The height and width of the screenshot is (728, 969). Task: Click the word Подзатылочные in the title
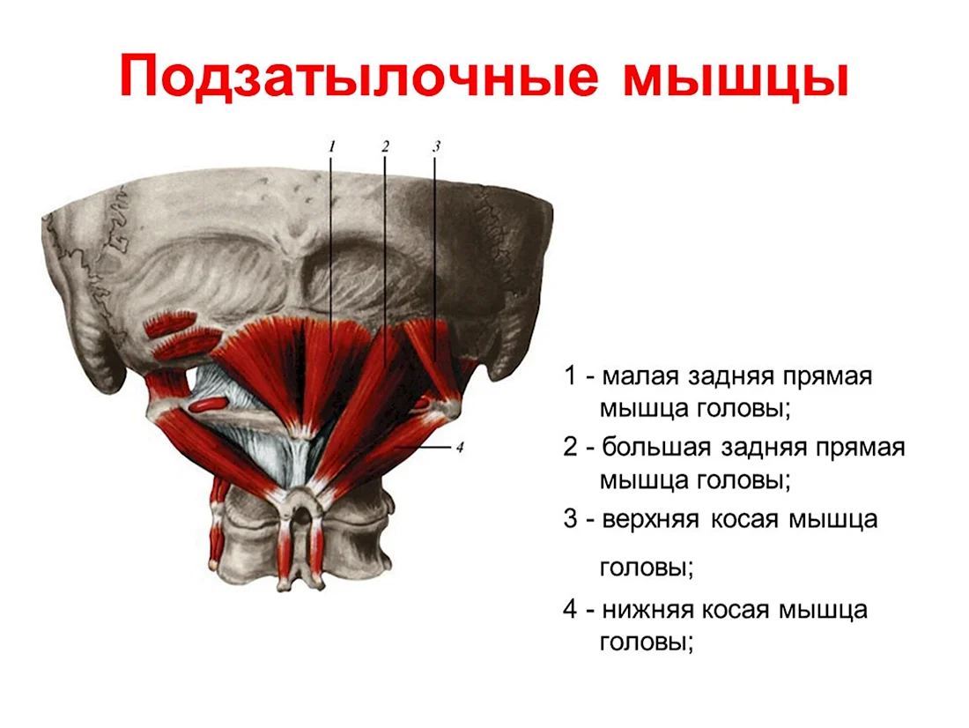coord(359,76)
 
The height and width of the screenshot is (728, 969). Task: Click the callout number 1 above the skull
coord(332,146)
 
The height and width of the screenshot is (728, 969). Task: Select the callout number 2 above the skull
coord(385,146)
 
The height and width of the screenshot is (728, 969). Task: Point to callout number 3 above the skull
coord(436,146)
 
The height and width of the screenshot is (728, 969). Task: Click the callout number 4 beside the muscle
coord(459,447)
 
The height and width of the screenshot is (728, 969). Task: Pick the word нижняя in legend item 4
coord(646,611)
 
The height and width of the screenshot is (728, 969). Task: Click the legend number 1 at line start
coord(569,375)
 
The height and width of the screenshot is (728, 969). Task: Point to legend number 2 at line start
coord(570,447)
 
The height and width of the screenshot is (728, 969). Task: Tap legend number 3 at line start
coord(570,519)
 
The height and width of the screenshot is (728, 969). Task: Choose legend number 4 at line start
coord(570,609)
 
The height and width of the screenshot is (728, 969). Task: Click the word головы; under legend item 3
coord(647,568)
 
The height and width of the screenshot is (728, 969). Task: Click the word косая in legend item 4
coord(734,611)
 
